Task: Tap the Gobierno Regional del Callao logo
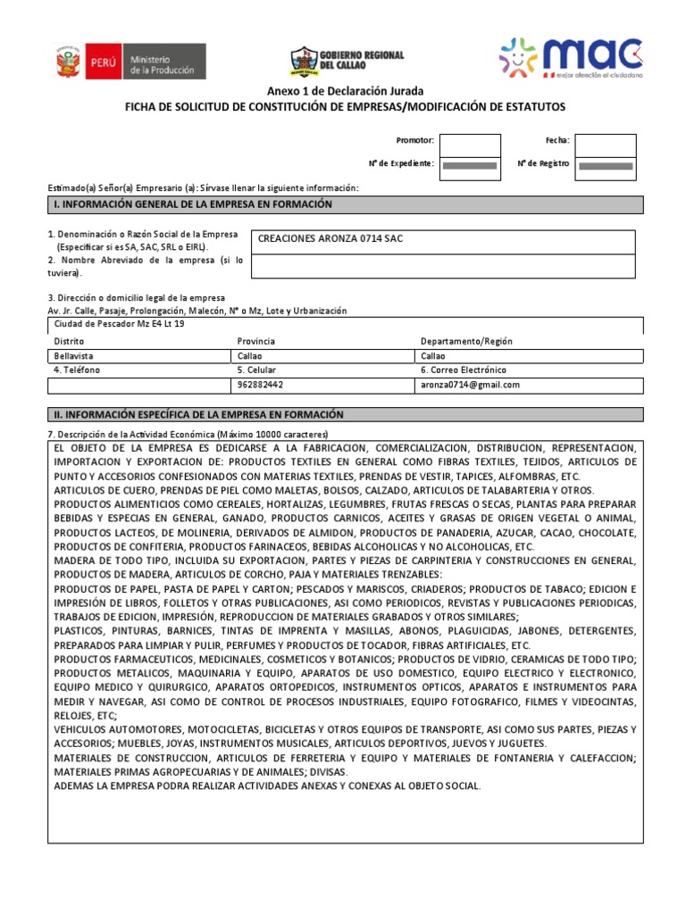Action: pos(347,61)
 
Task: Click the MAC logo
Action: pos(571,59)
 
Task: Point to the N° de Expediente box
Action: pos(470,165)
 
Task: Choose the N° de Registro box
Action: pos(605,165)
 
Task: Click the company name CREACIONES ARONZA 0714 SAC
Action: pos(330,239)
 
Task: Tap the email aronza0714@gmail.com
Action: pos(470,385)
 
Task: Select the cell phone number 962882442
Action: pos(261,385)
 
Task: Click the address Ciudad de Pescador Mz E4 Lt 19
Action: pos(120,324)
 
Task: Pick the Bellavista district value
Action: pos(75,355)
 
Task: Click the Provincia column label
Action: pos(256,341)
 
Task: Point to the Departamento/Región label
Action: pos(466,341)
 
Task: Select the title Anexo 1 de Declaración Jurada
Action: pos(344,92)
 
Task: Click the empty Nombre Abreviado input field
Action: pos(443,266)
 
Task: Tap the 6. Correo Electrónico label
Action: pos(463,370)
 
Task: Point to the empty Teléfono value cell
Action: pos(138,385)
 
